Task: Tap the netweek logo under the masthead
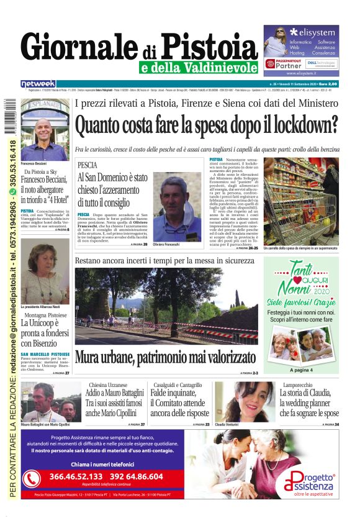[38, 84]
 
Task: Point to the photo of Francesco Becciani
[45, 127]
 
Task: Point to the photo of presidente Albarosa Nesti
[45, 280]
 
